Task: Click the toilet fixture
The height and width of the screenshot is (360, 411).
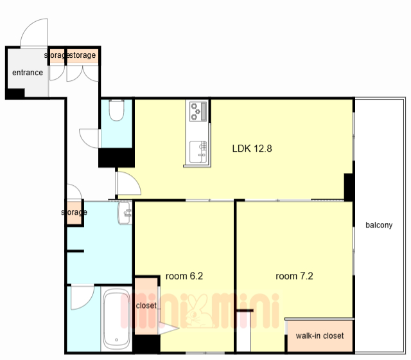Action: coord(116,110)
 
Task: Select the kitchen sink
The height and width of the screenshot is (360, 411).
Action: coord(198,152)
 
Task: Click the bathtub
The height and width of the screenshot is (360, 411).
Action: coord(116,319)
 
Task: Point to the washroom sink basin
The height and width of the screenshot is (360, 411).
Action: coord(125,213)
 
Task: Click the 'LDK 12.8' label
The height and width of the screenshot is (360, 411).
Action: coord(252,148)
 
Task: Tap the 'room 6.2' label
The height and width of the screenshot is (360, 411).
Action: coord(184,276)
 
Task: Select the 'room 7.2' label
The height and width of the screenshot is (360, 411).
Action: coord(294,276)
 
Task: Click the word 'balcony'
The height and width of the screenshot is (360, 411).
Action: coord(379,225)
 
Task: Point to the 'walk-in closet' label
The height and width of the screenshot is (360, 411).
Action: coord(320,336)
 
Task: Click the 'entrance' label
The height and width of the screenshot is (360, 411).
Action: coord(28,73)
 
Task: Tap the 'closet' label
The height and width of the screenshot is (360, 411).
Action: coord(146,305)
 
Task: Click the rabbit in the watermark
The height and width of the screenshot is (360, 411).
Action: coord(198,311)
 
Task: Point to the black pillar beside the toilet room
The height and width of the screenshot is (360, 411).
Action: coord(116,157)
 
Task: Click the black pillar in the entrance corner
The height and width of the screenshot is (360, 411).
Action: coord(15,93)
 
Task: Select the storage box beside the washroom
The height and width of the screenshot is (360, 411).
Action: coord(74,213)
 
